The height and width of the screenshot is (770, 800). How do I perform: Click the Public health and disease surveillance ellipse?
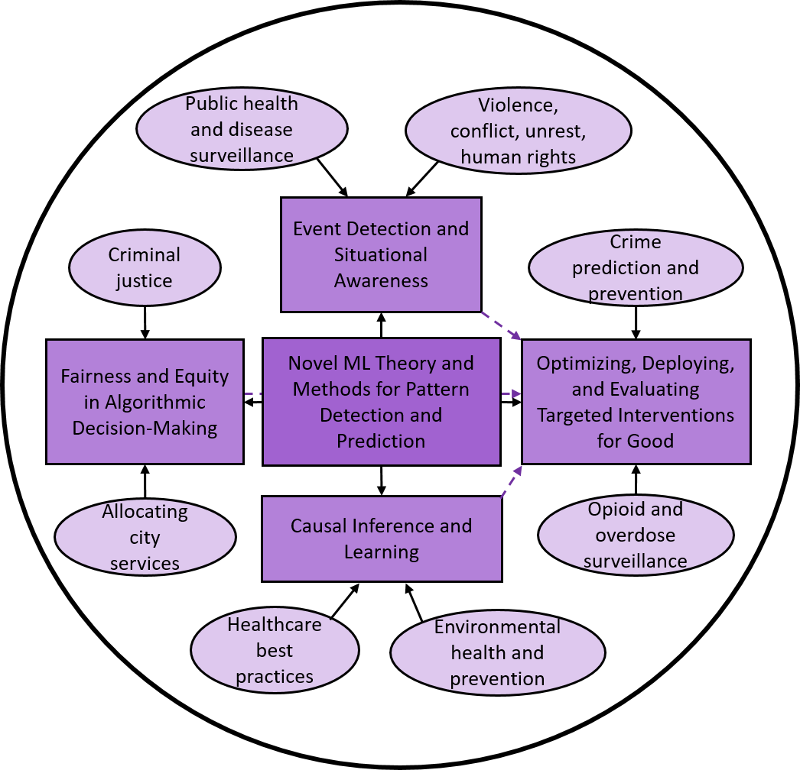[x=242, y=128]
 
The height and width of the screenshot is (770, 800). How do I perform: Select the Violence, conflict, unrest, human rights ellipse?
[x=518, y=131]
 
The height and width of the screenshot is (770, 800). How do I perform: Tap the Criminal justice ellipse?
[x=145, y=267]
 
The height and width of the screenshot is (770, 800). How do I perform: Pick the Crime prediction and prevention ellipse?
[x=636, y=267]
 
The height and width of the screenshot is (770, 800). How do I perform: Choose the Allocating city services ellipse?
[x=145, y=537]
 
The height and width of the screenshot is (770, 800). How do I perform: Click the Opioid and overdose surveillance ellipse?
[x=636, y=535]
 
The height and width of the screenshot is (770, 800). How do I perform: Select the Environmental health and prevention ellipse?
[x=497, y=653]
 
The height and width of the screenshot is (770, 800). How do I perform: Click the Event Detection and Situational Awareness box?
[x=381, y=254]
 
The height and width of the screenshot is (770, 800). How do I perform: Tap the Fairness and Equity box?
[x=145, y=401]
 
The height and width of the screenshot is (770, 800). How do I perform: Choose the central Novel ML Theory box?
[x=381, y=401]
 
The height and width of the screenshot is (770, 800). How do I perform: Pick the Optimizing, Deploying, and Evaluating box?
[x=636, y=401]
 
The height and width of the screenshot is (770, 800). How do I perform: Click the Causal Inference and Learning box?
[x=381, y=539]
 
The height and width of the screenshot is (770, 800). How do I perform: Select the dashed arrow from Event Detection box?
[x=501, y=325]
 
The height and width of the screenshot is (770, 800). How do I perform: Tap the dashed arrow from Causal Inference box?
[x=512, y=481]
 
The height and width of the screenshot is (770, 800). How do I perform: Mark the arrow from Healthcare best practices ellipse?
[x=345, y=601]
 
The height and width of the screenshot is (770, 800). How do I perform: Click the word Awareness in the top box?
[x=381, y=280]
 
